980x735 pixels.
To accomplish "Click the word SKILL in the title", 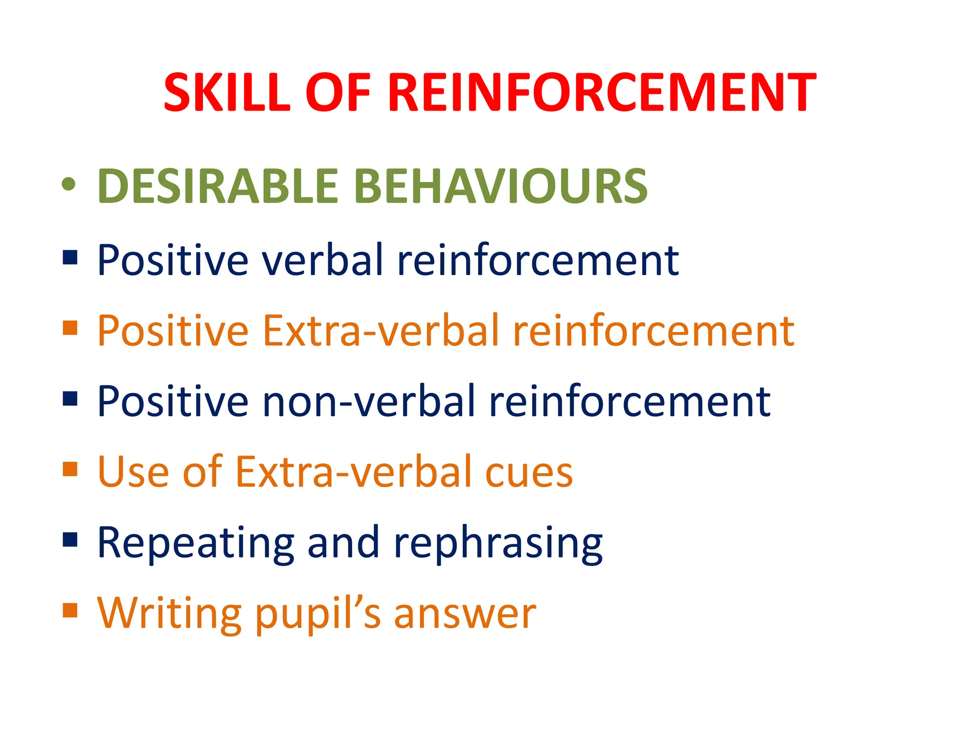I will tap(227, 93).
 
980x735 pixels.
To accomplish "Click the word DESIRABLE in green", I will tap(218, 186).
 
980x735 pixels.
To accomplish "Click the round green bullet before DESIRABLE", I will tap(69, 185).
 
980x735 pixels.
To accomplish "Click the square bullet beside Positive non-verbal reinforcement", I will tap(70, 398).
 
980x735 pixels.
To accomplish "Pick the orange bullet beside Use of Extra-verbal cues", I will tap(70, 469).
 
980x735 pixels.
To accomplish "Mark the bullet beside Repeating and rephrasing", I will tap(70, 539).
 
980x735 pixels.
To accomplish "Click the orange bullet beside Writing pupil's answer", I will tap(70, 610).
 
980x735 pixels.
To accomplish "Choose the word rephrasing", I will tap(498, 544).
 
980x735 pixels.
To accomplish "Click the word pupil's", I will tap(318, 614).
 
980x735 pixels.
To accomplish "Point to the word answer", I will tap(465, 614).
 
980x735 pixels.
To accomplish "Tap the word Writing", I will tap(169, 613).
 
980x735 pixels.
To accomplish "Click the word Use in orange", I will tap(133, 472).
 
